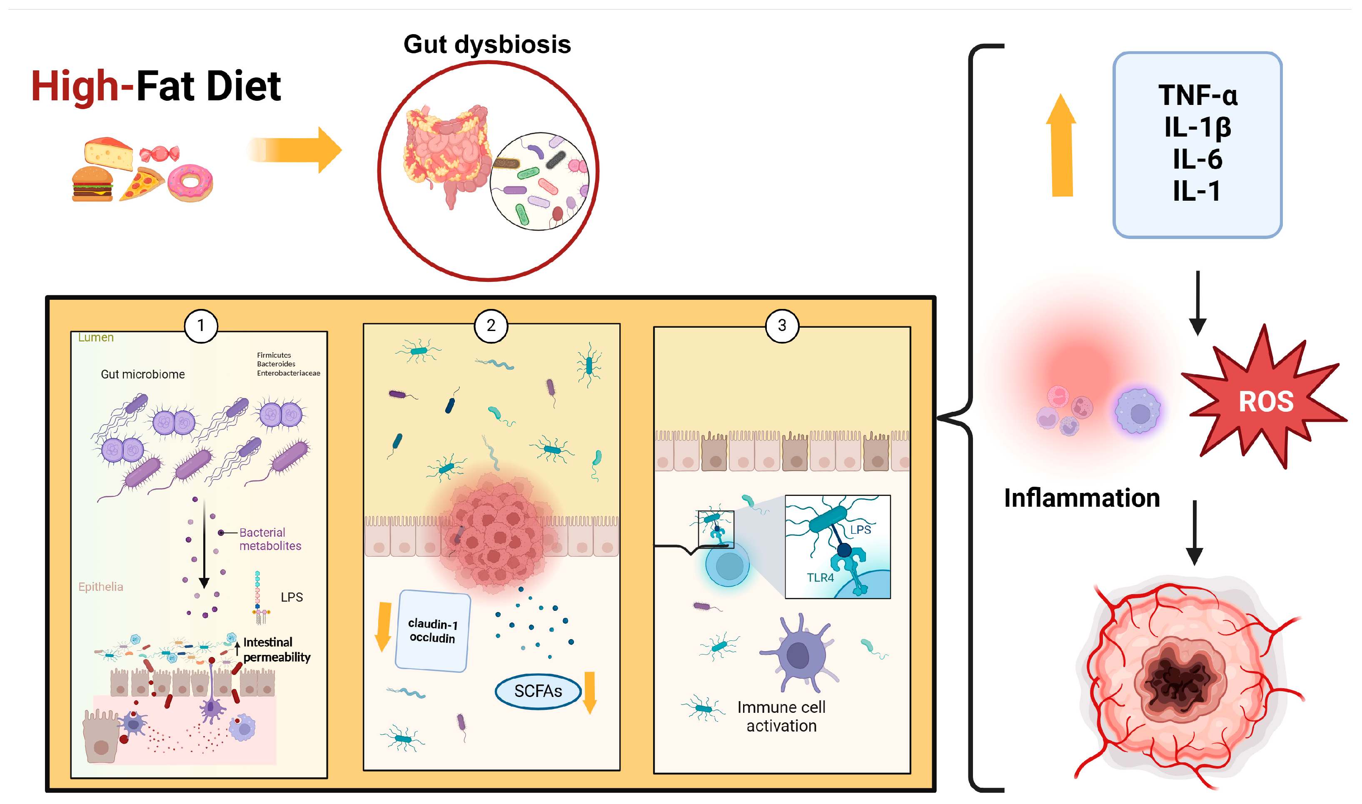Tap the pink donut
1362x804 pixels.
click(190, 183)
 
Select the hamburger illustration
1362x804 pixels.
click(93, 184)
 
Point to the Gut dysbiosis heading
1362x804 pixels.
click(487, 45)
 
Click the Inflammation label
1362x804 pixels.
click(1081, 498)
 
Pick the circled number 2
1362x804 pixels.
click(491, 326)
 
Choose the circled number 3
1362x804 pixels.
click(781, 326)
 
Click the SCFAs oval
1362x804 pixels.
click(538, 691)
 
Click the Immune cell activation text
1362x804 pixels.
click(781, 716)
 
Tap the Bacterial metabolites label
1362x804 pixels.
click(269, 539)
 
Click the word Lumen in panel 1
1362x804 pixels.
click(96, 338)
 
